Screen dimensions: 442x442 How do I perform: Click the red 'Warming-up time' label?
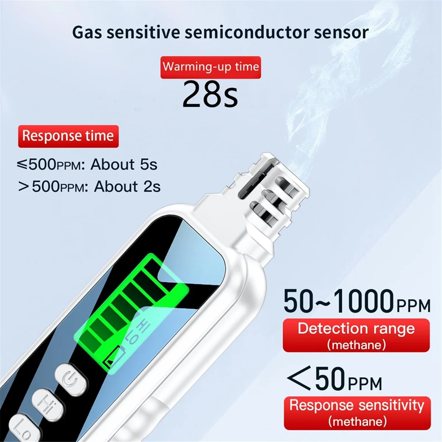tap(211, 67)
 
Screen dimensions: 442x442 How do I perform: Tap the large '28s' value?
tap(210, 94)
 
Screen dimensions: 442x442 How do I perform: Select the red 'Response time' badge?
tap(68, 136)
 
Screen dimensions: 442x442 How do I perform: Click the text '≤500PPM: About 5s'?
tap(87, 164)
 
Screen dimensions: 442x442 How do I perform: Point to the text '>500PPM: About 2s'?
tap(90, 186)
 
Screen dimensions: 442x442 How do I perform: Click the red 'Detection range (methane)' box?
tap(356, 335)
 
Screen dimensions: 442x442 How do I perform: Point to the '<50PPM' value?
tap(334, 379)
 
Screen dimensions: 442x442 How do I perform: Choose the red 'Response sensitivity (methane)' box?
tap(357, 413)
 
